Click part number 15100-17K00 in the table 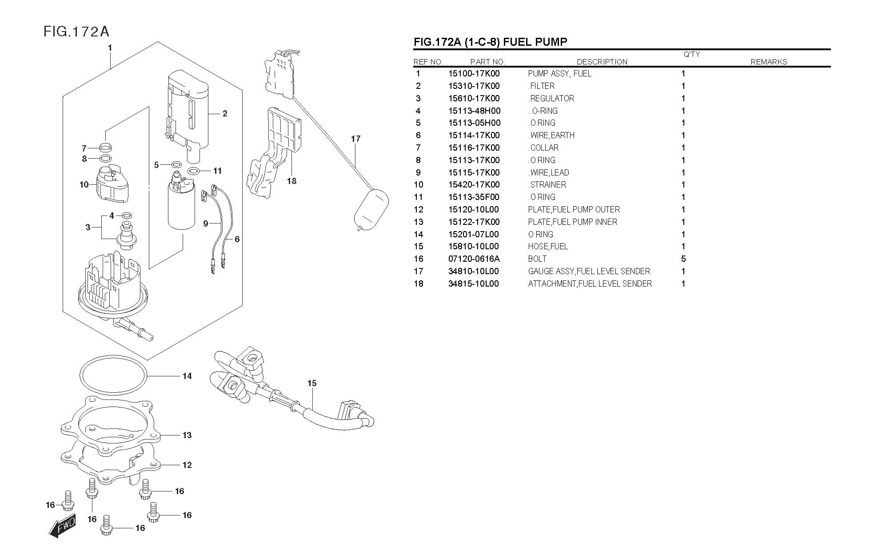coord(474,74)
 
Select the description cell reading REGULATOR coord(551,98)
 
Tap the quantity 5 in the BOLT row coord(683,259)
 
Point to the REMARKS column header coord(769,62)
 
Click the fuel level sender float coord(371,209)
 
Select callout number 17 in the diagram coord(355,139)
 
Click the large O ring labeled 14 coord(113,375)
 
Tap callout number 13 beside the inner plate coord(187,435)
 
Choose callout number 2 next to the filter coord(225,114)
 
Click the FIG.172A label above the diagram coord(76,32)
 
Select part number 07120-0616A coord(474,259)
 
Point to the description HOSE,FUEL coord(548,246)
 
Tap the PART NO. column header coord(487,62)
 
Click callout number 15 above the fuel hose coord(311,383)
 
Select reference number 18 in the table coord(419,283)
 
